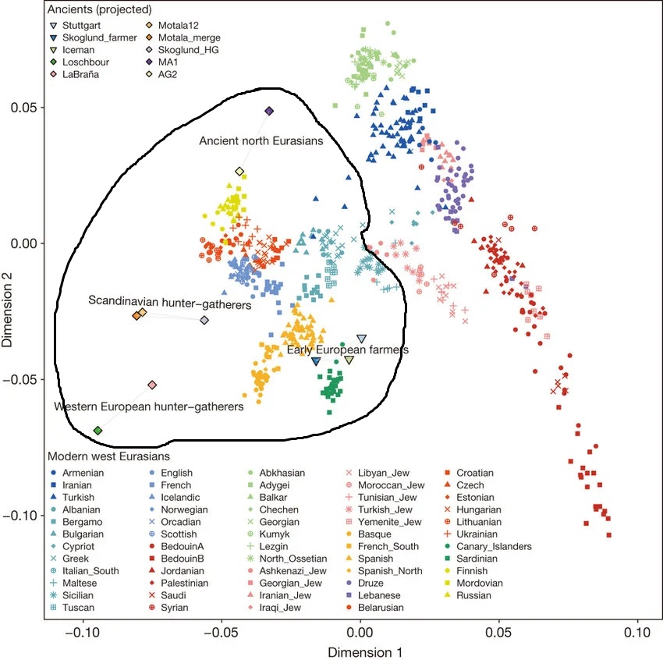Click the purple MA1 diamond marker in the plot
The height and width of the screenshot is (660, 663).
click(269, 112)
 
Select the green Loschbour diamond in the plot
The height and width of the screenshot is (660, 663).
click(97, 431)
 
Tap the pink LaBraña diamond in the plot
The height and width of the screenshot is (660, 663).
click(152, 385)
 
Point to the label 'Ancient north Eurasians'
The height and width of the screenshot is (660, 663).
click(261, 141)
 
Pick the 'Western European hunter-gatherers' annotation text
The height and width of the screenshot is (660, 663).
click(148, 406)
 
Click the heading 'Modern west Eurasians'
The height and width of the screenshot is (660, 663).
click(109, 456)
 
